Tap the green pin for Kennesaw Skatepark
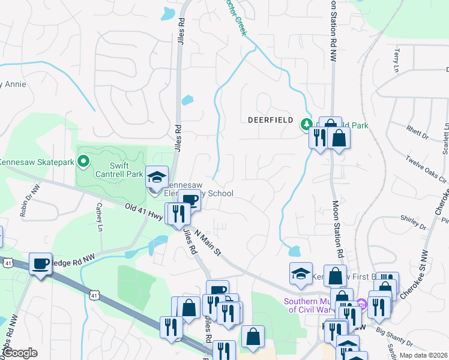pyautogui.click(x=83, y=161)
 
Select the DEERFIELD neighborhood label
pyautogui.click(x=270, y=120)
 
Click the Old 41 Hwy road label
pyautogui.click(x=143, y=213)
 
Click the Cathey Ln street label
pyautogui.click(x=100, y=215)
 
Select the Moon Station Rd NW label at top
pyautogui.click(x=332, y=30)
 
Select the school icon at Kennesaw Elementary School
pyautogui.click(x=157, y=176)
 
